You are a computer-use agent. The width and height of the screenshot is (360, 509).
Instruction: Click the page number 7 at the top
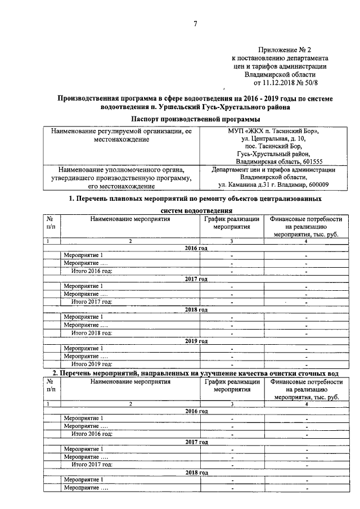pyautogui.click(x=195, y=23)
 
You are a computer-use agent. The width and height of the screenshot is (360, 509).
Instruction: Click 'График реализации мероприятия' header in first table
pyautogui.click(x=232, y=223)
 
